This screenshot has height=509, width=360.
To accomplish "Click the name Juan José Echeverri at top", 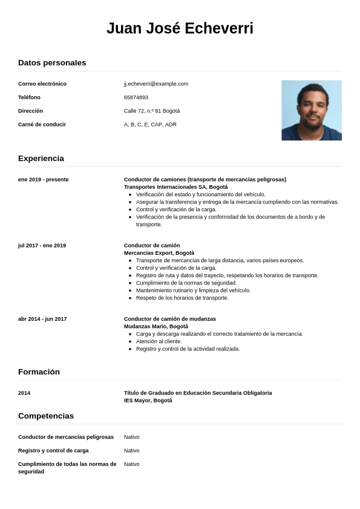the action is pyautogui.click(x=180, y=28).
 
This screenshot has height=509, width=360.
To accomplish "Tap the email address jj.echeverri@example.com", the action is pyautogui.click(x=156, y=84).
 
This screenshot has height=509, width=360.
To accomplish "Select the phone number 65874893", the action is pyautogui.click(x=136, y=97).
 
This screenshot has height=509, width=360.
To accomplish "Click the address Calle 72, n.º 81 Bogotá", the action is pyautogui.click(x=152, y=111).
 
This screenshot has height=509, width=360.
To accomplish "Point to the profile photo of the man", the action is pyautogui.click(x=311, y=110).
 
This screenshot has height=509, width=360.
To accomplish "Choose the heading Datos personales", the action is pyautogui.click(x=52, y=63).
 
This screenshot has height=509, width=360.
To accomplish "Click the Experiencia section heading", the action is pyautogui.click(x=41, y=159).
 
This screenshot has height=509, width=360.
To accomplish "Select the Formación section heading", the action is pyautogui.click(x=39, y=372).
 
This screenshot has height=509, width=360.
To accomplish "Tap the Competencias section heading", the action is pyautogui.click(x=46, y=416).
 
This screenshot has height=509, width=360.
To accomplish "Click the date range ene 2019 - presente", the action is pyautogui.click(x=44, y=180).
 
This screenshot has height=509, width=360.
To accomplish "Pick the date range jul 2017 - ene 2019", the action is pyautogui.click(x=42, y=246).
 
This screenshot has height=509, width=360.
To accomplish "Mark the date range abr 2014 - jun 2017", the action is pyautogui.click(x=42, y=319).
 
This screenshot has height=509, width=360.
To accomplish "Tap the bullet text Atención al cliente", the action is pyautogui.click(x=159, y=341).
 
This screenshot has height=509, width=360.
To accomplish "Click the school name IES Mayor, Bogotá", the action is pyautogui.click(x=148, y=401).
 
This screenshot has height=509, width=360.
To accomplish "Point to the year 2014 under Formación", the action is pyautogui.click(x=24, y=393).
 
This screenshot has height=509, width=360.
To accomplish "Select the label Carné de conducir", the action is pyautogui.click(x=42, y=125).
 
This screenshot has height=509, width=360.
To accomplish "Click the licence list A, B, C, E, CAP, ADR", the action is pyautogui.click(x=150, y=125).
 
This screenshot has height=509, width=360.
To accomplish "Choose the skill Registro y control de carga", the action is pyautogui.click(x=53, y=451).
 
